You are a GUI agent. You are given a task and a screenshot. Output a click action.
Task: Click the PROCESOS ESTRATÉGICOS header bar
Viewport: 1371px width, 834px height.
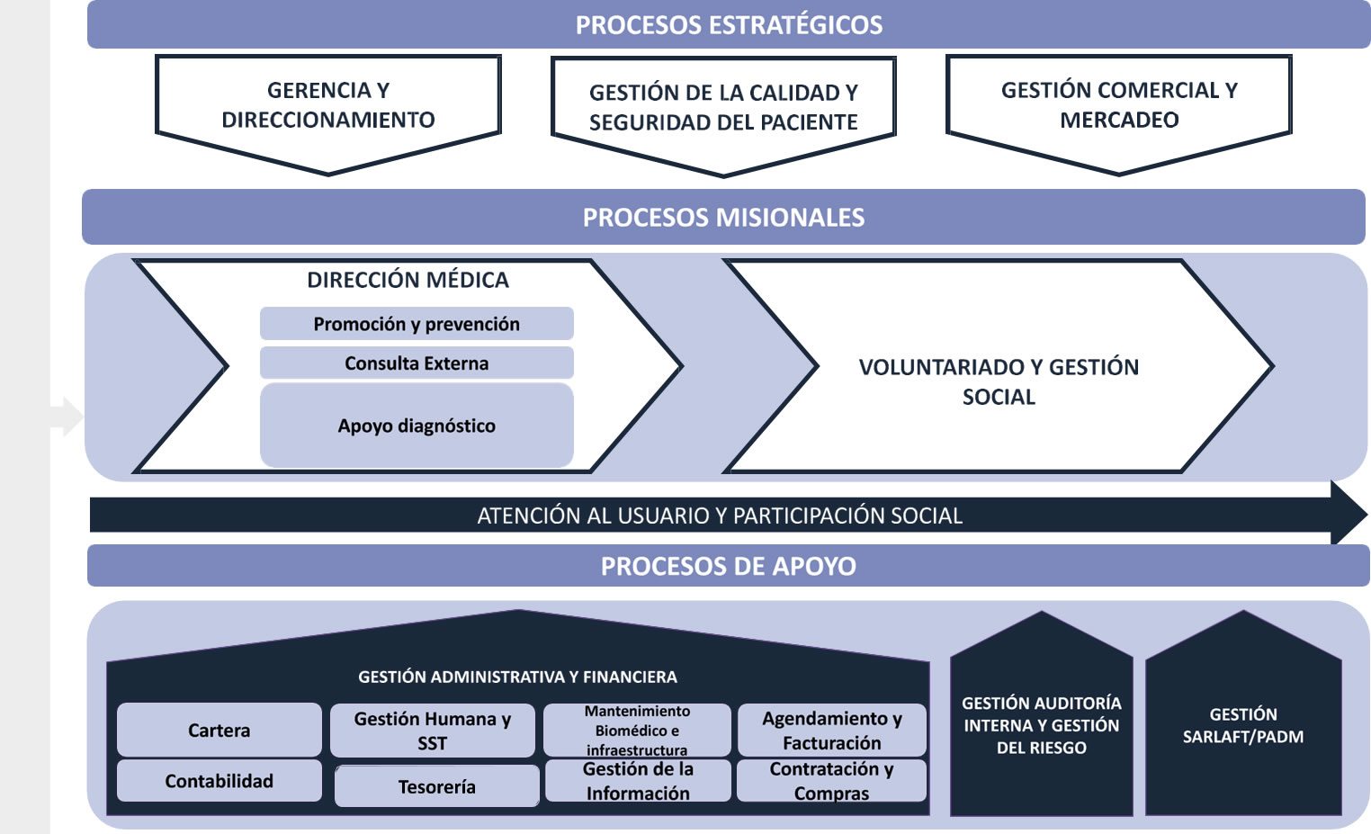[729, 24]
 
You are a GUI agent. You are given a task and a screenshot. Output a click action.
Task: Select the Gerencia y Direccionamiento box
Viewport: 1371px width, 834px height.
[328, 105]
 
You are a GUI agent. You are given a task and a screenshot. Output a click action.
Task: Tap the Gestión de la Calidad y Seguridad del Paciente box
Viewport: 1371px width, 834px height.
[723, 108]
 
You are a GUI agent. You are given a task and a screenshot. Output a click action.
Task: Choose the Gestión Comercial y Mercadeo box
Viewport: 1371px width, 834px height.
[1119, 105]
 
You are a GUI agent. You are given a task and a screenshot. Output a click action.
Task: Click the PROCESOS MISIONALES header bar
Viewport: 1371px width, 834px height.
[723, 217]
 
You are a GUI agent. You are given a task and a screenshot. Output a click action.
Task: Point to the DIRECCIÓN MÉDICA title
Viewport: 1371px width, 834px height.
[408, 280]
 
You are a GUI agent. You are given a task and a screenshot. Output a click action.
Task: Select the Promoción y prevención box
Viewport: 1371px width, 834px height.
[417, 324]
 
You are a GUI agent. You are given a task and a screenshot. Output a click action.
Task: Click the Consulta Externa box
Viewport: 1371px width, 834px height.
[417, 363]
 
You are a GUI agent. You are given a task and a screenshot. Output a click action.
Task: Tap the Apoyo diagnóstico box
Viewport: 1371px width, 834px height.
[417, 426]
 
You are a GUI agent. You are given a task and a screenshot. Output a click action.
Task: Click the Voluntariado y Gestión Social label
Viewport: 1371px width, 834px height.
[999, 381]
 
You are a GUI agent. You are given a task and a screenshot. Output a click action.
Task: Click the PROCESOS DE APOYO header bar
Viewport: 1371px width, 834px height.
[729, 566]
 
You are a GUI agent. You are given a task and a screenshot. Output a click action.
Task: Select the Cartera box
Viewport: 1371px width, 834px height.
[219, 731]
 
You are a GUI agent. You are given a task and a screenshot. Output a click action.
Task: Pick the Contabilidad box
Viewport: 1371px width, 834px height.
[219, 781]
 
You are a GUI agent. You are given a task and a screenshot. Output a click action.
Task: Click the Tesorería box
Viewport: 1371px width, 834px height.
[436, 786]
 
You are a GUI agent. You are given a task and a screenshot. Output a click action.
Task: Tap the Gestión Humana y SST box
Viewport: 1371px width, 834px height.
[432, 731]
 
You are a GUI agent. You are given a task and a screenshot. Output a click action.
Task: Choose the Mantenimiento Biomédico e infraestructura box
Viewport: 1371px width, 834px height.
[637, 731]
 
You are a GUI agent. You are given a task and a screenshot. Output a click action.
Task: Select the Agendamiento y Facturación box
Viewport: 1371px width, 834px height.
[831, 731]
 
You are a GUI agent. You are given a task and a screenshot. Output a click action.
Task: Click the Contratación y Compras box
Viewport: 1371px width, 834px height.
[831, 781]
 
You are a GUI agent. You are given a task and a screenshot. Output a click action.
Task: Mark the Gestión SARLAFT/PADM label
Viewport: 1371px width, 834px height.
[1242, 725]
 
